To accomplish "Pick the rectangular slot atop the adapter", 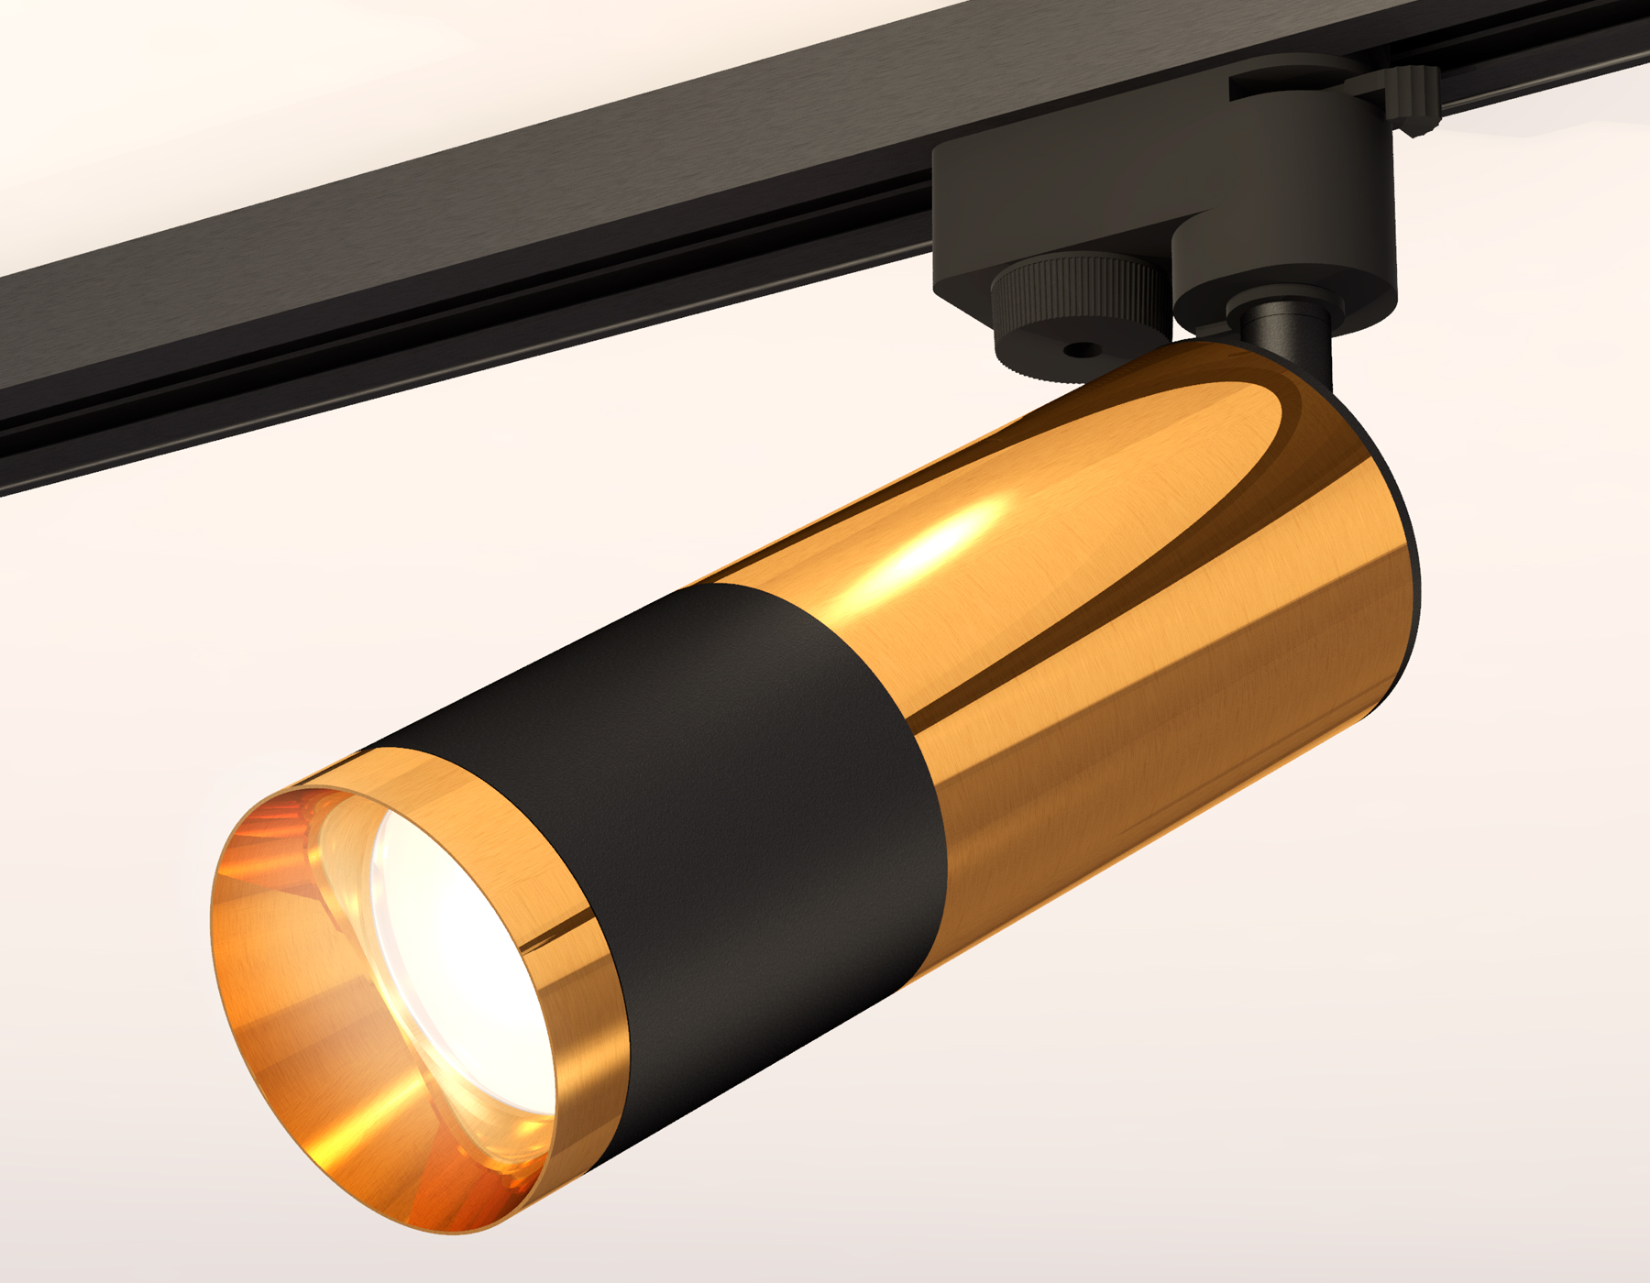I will coord(1283,87).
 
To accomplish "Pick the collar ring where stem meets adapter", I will coord(1279,316).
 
